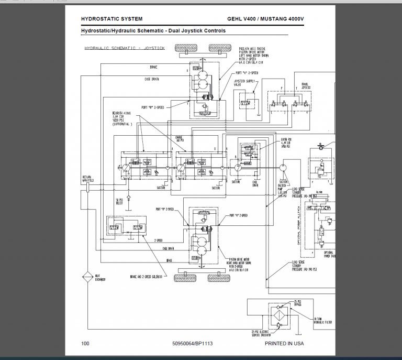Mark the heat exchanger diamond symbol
click(86, 277)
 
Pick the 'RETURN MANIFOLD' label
click(86, 179)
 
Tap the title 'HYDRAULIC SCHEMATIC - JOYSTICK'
click(125, 48)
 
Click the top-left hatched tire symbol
click(187, 48)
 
